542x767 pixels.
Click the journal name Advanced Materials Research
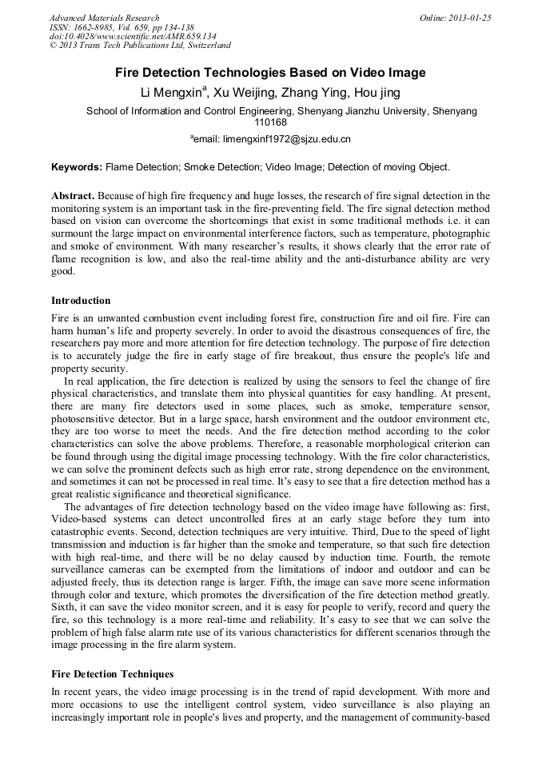104,18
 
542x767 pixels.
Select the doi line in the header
133,36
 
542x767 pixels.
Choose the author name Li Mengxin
172,93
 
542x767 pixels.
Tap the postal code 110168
270,122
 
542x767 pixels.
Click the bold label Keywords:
77,167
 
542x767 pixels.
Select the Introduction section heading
81,301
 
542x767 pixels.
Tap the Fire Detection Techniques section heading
112,674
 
